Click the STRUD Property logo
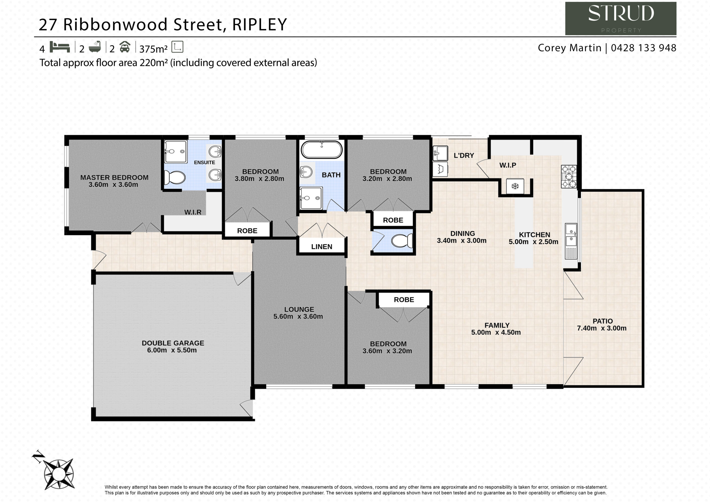(x=620, y=19)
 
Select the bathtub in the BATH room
(x=322, y=150)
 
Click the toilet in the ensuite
(x=174, y=178)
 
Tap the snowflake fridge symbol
(x=515, y=186)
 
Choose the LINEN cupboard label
(x=322, y=247)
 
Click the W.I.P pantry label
(x=508, y=165)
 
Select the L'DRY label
(x=464, y=156)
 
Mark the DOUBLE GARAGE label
(x=173, y=343)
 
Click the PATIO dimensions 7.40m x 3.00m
(x=602, y=328)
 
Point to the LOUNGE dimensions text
(x=298, y=316)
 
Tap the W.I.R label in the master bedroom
(x=193, y=212)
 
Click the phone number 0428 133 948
(x=643, y=48)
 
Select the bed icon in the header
(x=60, y=47)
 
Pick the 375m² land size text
(x=153, y=49)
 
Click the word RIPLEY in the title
(x=259, y=25)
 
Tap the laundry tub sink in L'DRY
(x=440, y=153)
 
